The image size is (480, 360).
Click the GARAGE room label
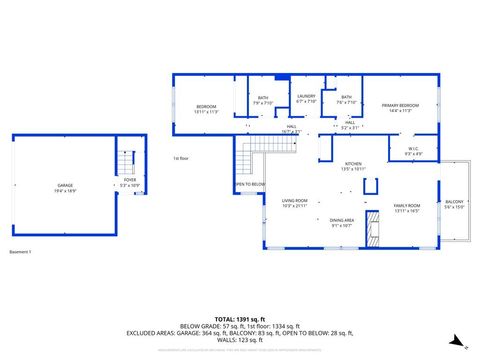coord(64,187)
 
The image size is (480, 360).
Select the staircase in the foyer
coord(126,161)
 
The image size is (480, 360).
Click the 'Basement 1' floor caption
coord(21,252)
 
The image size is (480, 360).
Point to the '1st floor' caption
coord(180,158)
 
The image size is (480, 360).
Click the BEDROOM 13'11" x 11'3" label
coord(206,108)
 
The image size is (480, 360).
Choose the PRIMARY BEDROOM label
coord(399,107)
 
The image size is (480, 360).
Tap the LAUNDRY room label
coord(306,98)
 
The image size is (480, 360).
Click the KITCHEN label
coord(353,166)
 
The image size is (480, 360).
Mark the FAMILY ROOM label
coord(406,207)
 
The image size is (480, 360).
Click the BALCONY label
coord(455,205)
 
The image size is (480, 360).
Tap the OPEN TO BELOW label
coord(249,184)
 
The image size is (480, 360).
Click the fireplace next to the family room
coord(374,229)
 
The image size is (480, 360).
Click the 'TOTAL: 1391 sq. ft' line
coord(240,319)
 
